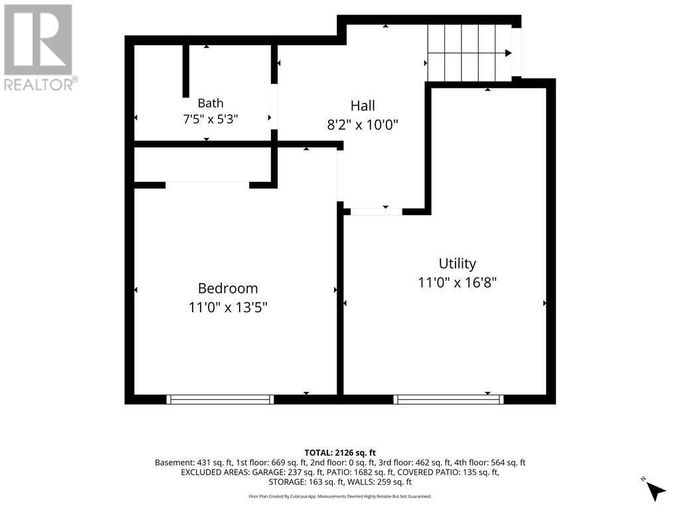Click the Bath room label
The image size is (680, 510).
[211, 103]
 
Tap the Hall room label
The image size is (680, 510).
[363, 106]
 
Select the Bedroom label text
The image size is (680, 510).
[228, 288]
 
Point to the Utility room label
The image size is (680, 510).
[457, 263]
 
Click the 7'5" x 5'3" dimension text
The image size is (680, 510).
[211, 118]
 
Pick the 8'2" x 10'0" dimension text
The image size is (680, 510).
[363, 125]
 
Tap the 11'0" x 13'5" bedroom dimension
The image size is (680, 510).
[228, 307]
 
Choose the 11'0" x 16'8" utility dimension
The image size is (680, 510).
[457, 283]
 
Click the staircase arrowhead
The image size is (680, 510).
[508, 53]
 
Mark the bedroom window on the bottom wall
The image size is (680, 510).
[220, 399]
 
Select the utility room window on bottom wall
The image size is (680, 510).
[448, 399]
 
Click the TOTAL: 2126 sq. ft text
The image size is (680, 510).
[340, 453]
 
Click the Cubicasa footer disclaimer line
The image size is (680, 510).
[340, 496]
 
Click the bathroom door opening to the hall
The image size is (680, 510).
[274, 107]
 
